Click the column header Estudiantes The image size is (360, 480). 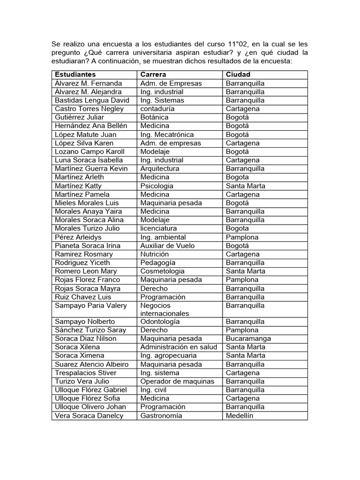click(x=75, y=75)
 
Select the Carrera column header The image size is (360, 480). click(x=153, y=75)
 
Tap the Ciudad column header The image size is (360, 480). click(x=238, y=75)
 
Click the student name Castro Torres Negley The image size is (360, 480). click(x=89, y=109)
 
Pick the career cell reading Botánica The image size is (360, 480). click(x=154, y=117)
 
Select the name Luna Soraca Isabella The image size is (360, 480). click(x=89, y=160)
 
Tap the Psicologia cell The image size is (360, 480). click(x=157, y=186)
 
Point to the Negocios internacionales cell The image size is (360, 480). click(x=165, y=309)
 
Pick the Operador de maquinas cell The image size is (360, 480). click(x=177, y=381)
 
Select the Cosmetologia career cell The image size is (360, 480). click(x=162, y=271)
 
